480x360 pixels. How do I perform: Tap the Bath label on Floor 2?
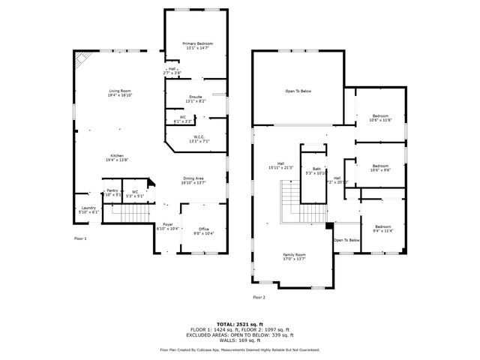pyautogui.click(x=317, y=170)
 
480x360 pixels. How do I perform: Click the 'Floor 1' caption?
pyautogui.click(x=80, y=238)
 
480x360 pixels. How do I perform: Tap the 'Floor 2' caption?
pyautogui.click(x=259, y=298)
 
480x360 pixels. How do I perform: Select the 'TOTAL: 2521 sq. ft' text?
pyautogui.click(x=239, y=323)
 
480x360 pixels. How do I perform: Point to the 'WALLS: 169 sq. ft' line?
pyautogui.click(x=239, y=340)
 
